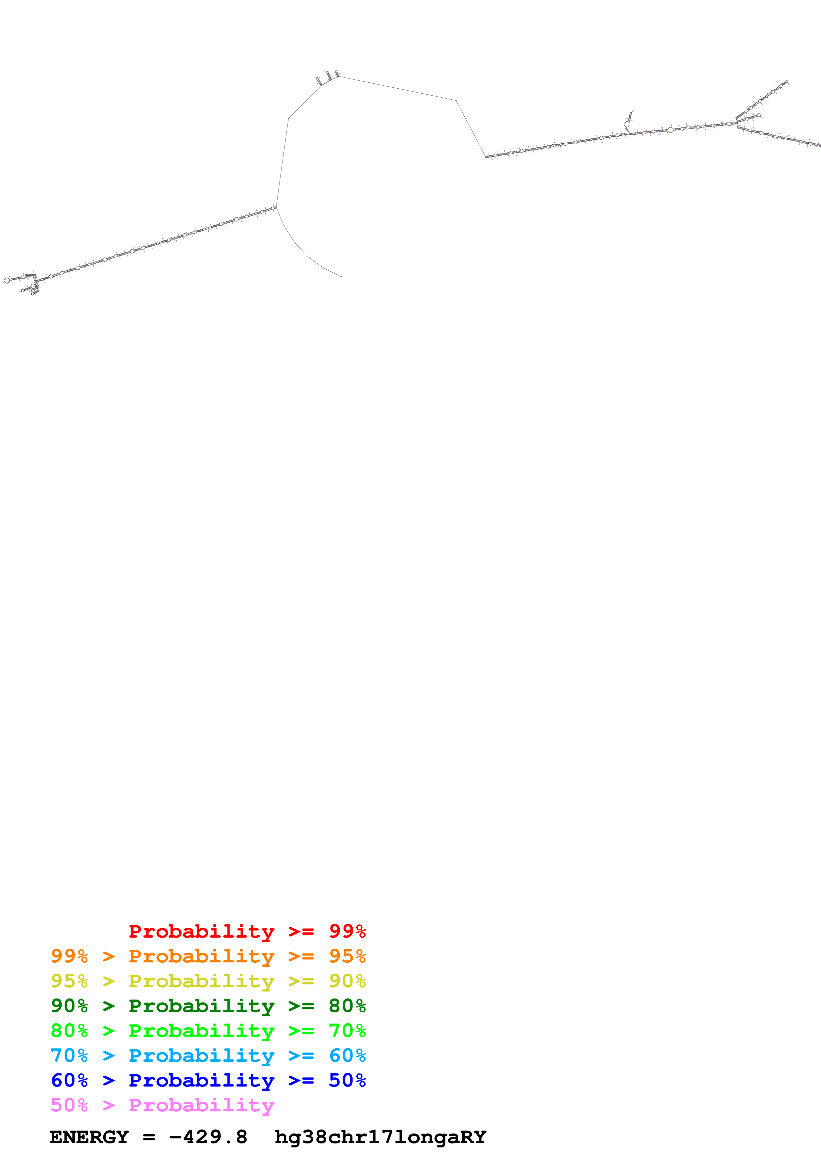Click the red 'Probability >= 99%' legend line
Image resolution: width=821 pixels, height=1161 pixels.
[247, 931]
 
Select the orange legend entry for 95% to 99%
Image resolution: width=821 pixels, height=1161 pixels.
[208, 956]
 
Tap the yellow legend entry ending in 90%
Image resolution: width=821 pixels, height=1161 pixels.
[208, 981]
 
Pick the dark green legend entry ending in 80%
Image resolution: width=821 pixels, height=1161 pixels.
[208, 1006]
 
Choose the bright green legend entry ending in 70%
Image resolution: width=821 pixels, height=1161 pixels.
[208, 1031]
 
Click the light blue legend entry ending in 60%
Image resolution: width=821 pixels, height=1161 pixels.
[208, 1055]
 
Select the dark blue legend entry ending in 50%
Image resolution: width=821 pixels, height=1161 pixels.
[208, 1080]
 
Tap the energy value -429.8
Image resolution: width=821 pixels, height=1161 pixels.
[208, 1137]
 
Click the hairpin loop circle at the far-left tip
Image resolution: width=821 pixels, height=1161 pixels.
[7, 280]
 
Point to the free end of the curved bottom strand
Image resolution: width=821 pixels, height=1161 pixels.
[341, 277]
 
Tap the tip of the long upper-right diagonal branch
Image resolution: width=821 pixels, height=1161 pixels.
[787, 82]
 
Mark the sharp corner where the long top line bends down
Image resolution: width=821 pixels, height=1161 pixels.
[456, 101]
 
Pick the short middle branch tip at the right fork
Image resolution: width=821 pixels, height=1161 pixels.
[759, 115]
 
